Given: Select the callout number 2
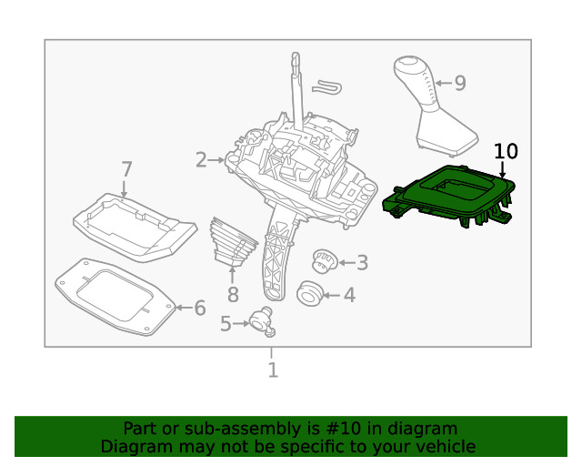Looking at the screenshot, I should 201,160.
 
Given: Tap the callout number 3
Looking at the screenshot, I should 362,263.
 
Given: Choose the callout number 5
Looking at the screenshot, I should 226,322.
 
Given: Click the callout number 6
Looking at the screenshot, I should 199,308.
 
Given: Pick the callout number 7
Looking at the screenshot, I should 126,169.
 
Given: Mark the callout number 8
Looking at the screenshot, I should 233,294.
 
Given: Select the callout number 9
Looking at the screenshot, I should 459,84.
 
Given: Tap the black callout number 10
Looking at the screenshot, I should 506,151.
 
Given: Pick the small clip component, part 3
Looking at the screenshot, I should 325,261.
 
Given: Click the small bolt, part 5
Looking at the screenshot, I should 264,319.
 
